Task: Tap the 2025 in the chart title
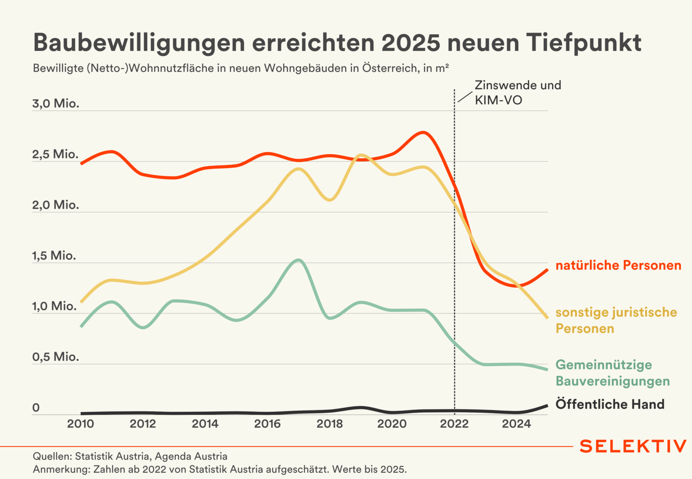[411, 43]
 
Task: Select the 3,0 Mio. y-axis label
[56, 104]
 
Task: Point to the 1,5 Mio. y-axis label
[54, 256]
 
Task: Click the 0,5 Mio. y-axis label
[56, 357]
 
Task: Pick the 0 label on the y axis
[36, 407]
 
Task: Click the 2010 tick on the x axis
[80, 424]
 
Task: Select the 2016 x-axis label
[267, 424]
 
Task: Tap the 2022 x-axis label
[454, 424]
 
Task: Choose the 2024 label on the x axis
[516, 424]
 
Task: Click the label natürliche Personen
[618, 265]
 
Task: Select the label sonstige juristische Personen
[616, 321]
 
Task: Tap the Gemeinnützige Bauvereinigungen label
[613, 373]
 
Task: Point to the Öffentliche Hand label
[610, 404]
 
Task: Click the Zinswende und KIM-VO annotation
[518, 93]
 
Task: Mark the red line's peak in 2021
[423, 132]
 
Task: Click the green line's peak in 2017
[299, 260]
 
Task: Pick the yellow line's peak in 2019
[361, 155]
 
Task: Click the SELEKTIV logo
[633, 447]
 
